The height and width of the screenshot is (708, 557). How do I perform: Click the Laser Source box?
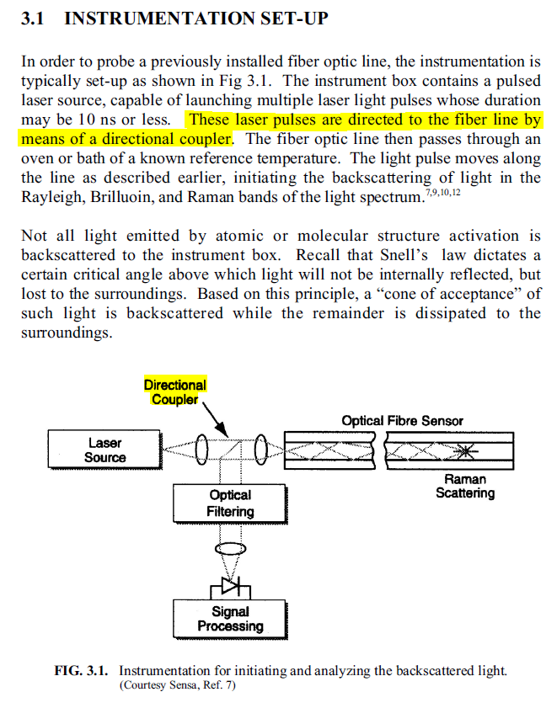click(x=104, y=450)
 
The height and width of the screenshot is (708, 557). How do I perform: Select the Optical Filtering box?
click(x=230, y=503)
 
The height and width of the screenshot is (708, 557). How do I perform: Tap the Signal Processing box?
click(x=230, y=619)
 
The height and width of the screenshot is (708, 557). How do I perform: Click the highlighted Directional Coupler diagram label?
click(x=175, y=391)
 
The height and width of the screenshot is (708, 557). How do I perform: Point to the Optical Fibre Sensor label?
click(x=402, y=420)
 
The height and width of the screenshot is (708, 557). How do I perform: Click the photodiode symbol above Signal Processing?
click(x=230, y=587)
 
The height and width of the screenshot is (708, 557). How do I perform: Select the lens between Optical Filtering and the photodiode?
click(x=230, y=547)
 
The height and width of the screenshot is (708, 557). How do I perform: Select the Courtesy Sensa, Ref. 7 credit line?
click(x=178, y=686)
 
